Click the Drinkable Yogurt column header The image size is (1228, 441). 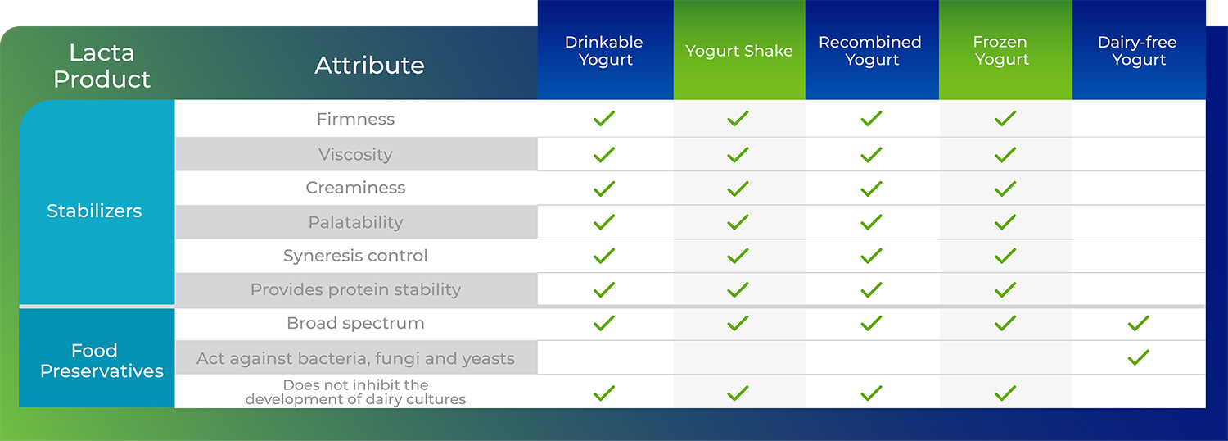click(604, 51)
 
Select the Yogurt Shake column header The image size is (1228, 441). click(739, 51)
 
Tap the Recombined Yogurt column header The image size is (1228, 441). click(870, 51)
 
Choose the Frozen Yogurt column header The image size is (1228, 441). click(1001, 51)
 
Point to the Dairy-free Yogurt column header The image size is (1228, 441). click(1138, 51)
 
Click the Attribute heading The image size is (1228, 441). click(369, 66)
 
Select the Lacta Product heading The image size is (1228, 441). click(102, 66)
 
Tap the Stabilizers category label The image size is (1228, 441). click(94, 211)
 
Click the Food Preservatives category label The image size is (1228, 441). click(102, 361)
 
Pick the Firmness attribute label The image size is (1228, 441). click(356, 119)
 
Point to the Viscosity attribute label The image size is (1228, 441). click(356, 155)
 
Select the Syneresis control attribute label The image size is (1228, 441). click(355, 256)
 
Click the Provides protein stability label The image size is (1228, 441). click(356, 289)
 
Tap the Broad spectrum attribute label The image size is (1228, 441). click(356, 323)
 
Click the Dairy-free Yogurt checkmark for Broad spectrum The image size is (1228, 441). click(1139, 324)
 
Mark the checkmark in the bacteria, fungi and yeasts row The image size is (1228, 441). click(1139, 358)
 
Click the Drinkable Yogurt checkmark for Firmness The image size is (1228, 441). click(604, 119)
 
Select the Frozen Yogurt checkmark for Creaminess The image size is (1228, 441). click(1005, 189)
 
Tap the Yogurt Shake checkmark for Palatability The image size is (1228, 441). click(738, 222)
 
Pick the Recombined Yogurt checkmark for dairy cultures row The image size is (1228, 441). click(871, 393)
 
